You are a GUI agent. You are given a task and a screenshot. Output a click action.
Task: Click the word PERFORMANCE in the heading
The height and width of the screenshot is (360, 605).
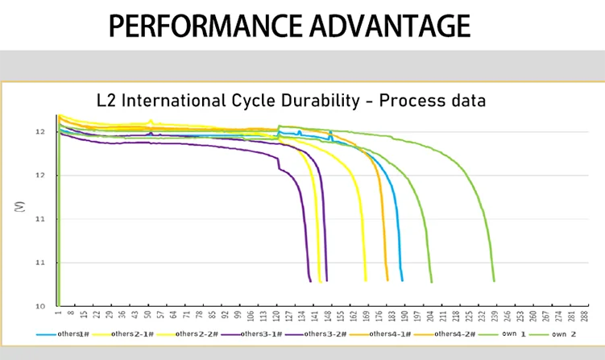pyautogui.click(x=189, y=26)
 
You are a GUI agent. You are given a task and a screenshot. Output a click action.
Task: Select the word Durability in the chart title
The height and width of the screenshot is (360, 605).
pyautogui.click(x=328, y=101)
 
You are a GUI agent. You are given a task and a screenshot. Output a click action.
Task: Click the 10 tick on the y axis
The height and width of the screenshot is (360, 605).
pyautogui.click(x=39, y=306)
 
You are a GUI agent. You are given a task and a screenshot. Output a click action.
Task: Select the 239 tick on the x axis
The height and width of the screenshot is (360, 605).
pyautogui.click(x=495, y=317)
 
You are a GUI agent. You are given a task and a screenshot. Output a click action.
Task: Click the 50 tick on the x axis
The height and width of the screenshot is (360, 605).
pyautogui.click(x=147, y=317)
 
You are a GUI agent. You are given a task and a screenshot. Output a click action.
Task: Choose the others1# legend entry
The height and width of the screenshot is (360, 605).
pyautogui.click(x=71, y=333)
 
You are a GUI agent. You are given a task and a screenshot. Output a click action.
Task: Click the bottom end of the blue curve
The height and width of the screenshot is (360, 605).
pyautogui.click(x=402, y=279)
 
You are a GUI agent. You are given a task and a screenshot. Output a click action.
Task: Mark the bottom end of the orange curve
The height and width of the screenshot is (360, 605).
pyautogui.click(x=387, y=279)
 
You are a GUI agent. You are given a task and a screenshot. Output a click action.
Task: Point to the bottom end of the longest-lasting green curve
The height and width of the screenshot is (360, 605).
pyautogui.click(x=493, y=280)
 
